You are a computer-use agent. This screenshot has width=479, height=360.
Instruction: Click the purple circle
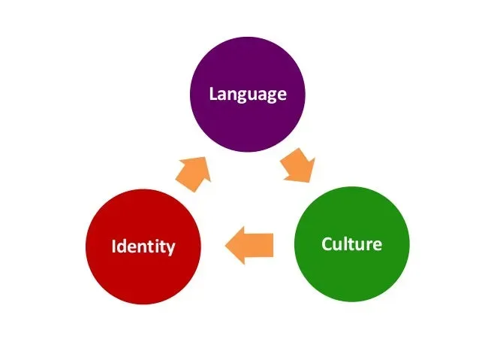coord(247,83)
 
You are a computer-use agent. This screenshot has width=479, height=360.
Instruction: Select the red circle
coord(143,247)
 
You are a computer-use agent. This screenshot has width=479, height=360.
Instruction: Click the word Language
coord(248,95)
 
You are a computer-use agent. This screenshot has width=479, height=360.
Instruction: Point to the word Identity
coord(143,247)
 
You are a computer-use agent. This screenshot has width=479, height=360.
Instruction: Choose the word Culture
coord(351,244)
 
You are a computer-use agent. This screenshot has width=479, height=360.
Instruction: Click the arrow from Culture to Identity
coord(249,247)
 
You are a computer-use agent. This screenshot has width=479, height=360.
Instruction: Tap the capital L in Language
coord(213,94)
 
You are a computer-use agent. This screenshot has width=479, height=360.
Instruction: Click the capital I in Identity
coord(113,247)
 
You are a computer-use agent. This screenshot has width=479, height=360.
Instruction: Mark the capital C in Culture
coord(326,244)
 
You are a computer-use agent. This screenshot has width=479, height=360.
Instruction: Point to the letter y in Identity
coord(172,249)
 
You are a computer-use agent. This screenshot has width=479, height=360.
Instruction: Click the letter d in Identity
coord(122,247)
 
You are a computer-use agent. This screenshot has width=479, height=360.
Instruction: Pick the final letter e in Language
coord(282,95)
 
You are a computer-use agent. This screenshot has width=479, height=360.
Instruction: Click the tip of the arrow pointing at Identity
coord(226,247)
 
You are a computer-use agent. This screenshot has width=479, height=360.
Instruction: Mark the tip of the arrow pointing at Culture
coord(309,180)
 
